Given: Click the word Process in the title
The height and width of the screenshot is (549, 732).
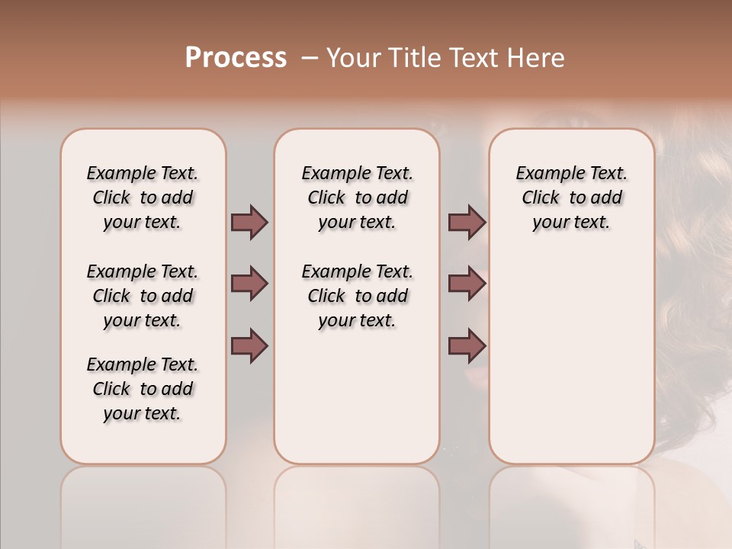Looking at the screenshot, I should [x=236, y=58].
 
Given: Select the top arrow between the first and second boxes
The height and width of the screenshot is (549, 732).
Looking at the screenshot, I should [x=249, y=222].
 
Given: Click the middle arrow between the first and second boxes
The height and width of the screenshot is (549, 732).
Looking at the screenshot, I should [x=249, y=284].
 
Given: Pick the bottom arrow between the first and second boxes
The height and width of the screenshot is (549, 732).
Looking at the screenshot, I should [x=249, y=345].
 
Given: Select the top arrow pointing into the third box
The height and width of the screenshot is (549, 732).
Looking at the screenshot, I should [x=467, y=222].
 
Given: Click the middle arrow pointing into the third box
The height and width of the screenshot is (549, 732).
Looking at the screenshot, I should [x=467, y=284].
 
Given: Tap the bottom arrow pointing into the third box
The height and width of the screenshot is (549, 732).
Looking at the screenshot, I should [x=467, y=345].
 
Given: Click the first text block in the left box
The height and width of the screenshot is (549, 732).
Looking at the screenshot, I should [x=143, y=197].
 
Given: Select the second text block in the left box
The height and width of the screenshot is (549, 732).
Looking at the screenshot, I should [x=143, y=296].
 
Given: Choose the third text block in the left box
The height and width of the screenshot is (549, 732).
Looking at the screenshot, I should [x=143, y=389].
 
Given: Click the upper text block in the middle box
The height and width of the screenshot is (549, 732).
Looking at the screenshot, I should [x=357, y=197].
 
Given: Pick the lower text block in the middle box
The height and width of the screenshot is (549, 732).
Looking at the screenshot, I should [x=357, y=296].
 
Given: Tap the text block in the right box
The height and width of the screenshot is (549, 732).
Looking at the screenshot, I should [x=571, y=197].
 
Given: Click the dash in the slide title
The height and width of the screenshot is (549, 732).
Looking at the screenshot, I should [x=310, y=58].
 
